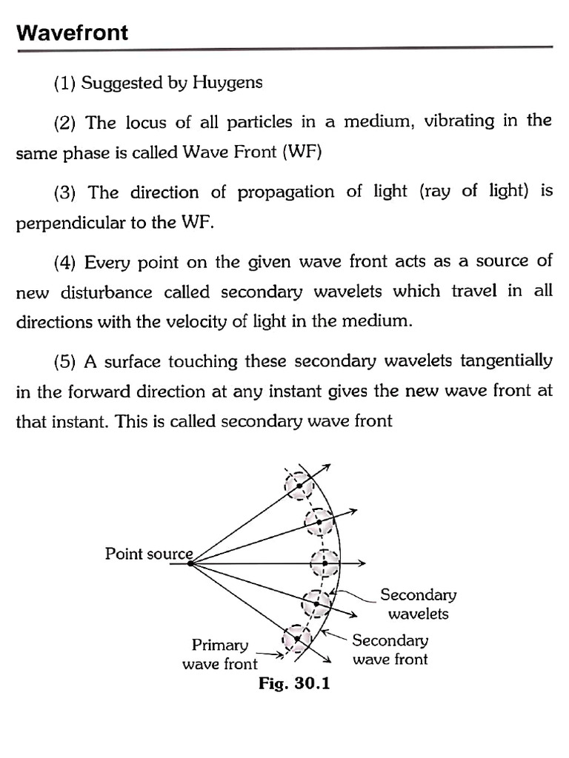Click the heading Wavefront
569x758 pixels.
coord(73,33)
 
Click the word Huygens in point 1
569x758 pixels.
coord(227,83)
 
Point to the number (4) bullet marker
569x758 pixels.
coord(67,261)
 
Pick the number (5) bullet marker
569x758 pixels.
coord(67,362)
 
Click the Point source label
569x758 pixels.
coord(148,554)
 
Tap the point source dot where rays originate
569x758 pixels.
coord(190,564)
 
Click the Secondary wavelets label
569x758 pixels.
coord(419,604)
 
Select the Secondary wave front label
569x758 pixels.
coord(390,649)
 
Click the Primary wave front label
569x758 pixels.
coord(220,654)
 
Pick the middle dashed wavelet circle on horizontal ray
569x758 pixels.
coord(325,564)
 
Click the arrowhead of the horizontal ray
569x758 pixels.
coord(362,564)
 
